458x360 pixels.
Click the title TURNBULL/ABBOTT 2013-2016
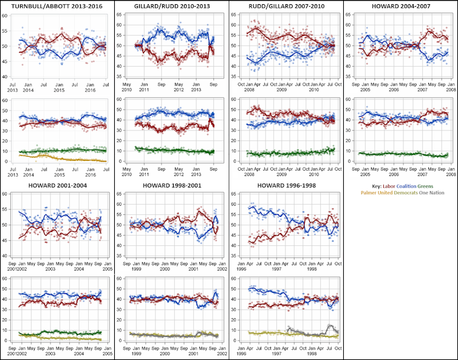pos(57,6)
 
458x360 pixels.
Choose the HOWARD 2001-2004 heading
pos(57,185)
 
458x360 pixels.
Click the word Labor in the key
pos(385,185)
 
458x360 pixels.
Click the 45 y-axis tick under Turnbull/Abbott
pos(5,61)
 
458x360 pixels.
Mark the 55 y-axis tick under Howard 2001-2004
pos(5,209)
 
